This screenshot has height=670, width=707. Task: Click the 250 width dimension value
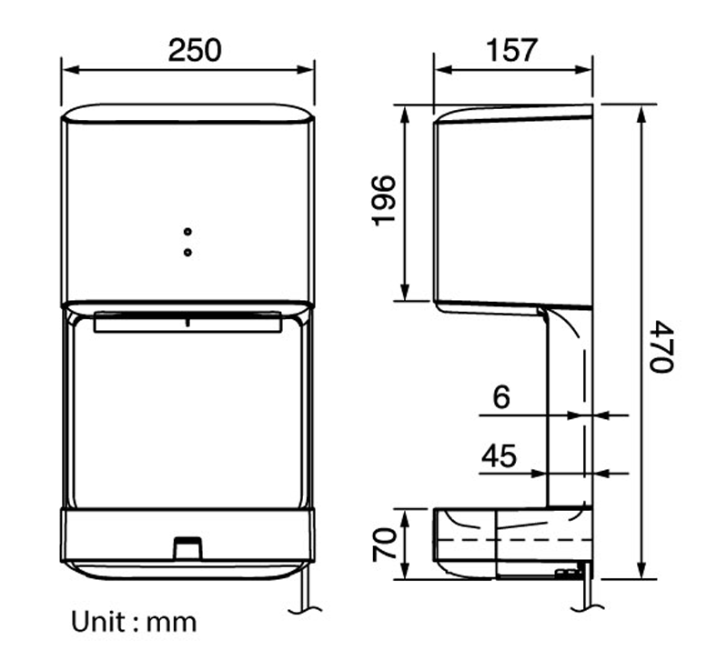(194, 49)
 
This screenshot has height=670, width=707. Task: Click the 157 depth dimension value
(510, 49)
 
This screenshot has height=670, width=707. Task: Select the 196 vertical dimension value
(383, 201)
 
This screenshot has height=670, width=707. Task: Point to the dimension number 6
(502, 397)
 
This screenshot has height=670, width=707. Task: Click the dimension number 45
(499, 455)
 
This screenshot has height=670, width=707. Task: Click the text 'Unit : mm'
(134, 622)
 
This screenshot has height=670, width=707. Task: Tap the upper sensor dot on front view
(187, 233)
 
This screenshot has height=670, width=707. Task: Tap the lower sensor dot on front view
(187, 251)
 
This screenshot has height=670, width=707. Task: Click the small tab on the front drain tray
(188, 546)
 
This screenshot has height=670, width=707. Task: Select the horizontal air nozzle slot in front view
(187, 322)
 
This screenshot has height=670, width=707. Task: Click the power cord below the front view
(305, 595)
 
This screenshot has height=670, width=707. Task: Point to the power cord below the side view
(585, 595)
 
